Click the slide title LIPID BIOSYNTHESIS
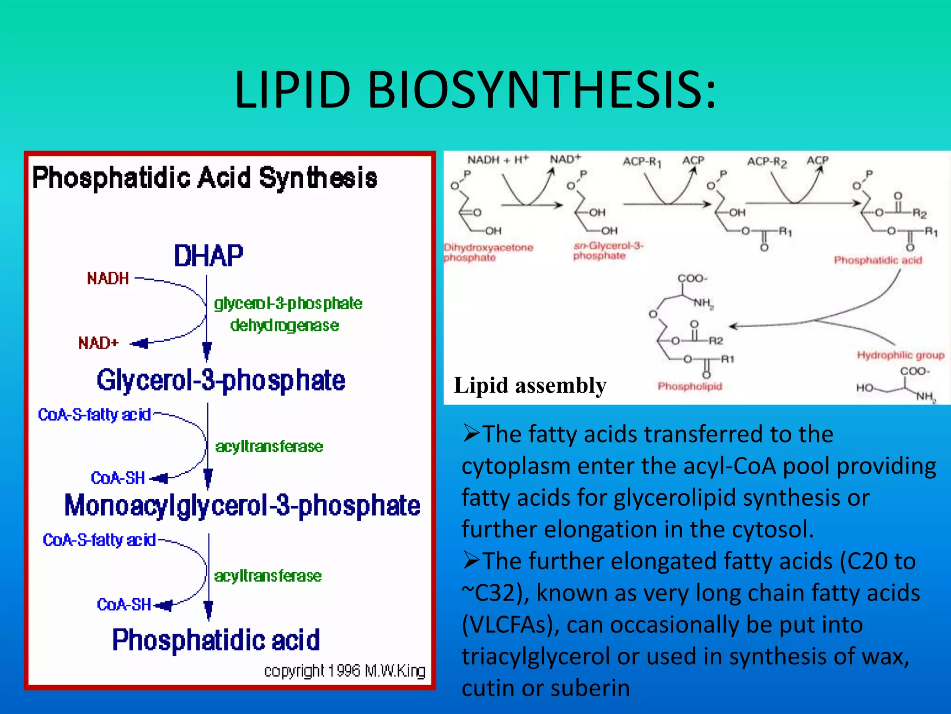click(475, 90)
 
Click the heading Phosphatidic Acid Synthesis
click(204, 178)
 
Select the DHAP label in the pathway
click(208, 256)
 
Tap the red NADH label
click(108, 278)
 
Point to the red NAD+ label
click(98, 343)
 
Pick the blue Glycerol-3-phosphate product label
click(221, 381)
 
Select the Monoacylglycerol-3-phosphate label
click(242, 506)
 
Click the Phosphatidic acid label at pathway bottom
click(216, 640)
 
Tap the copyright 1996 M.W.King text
click(345, 671)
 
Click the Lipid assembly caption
click(530, 385)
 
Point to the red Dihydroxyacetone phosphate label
click(488, 252)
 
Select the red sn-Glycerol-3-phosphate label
click(608, 251)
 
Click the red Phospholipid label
click(690, 386)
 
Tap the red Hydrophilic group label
click(900, 356)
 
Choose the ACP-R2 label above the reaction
click(767, 162)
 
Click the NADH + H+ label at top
click(497, 160)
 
